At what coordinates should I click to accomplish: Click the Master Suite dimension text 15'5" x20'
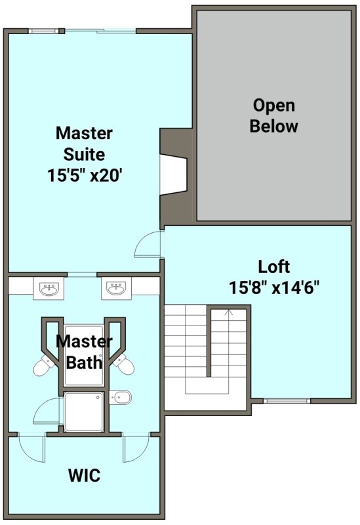pyautogui.click(x=84, y=175)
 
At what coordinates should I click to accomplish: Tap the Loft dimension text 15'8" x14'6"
pyautogui.click(x=274, y=287)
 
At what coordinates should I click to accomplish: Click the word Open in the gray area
pyautogui.click(x=273, y=106)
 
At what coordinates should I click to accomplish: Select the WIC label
pyautogui.click(x=84, y=475)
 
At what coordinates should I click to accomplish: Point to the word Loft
pyautogui.click(x=273, y=267)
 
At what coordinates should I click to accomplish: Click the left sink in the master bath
pyautogui.click(x=49, y=288)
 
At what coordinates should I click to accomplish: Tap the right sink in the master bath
pyautogui.click(x=117, y=288)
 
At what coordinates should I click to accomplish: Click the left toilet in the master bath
pyautogui.click(x=44, y=366)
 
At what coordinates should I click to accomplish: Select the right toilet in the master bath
pyautogui.click(x=123, y=364)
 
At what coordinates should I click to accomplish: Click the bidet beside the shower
pyautogui.click(x=120, y=398)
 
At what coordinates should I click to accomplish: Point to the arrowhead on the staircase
pyautogui.click(x=229, y=312)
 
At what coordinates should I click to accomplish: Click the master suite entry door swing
pyautogui.click(x=147, y=244)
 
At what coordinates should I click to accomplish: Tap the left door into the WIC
pyautogui.click(x=31, y=448)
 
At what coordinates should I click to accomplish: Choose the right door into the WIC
pyautogui.click(x=136, y=448)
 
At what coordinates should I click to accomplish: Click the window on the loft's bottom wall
pyautogui.click(x=287, y=400)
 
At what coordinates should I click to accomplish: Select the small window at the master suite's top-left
pyautogui.click(x=43, y=31)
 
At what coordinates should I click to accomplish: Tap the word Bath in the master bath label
pyautogui.click(x=84, y=363)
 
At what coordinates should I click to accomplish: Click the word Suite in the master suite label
pyautogui.click(x=84, y=154)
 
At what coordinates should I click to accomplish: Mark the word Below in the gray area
pyautogui.click(x=273, y=126)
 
